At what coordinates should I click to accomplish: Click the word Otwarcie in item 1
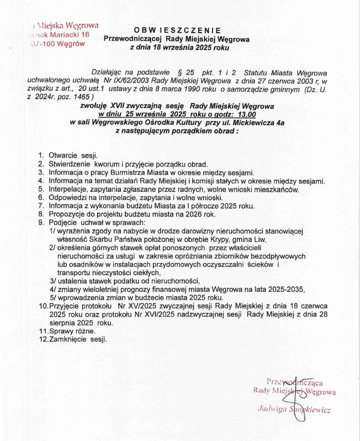63,155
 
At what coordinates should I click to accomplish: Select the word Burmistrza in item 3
118,172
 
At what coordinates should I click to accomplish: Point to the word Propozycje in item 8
67,214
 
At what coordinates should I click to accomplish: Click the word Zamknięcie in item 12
68,339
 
